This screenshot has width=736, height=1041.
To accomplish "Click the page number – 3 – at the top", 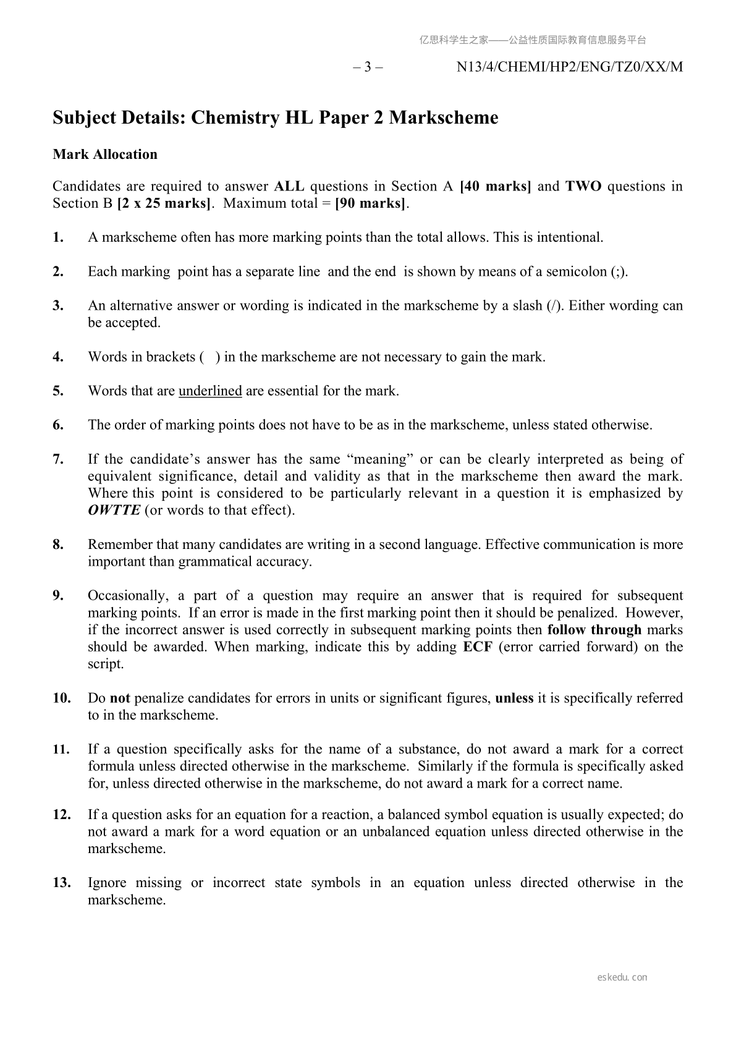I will [x=368, y=67].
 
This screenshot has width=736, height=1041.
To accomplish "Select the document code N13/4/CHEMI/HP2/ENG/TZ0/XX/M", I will [x=569, y=67].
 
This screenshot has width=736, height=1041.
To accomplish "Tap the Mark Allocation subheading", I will [x=105, y=154].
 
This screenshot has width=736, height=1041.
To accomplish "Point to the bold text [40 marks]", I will [x=496, y=186].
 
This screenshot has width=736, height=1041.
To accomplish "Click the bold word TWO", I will [x=583, y=186].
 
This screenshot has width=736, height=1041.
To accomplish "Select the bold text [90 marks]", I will [x=370, y=203].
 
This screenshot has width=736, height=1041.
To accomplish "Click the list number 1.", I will [x=58, y=237].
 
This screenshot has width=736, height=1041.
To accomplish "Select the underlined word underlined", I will [x=210, y=391].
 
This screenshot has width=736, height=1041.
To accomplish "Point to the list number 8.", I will [x=58, y=545].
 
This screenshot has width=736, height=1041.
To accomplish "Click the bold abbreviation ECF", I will [x=477, y=647].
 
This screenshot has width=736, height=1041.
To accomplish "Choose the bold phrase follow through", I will [x=594, y=630].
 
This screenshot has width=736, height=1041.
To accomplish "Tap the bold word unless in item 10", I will [x=514, y=698].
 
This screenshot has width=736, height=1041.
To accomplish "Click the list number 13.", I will [x=61, y=883].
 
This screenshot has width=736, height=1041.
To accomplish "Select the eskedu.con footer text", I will [x=622, y=977].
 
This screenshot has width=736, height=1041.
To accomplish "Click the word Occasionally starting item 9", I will [x=127, y=595].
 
